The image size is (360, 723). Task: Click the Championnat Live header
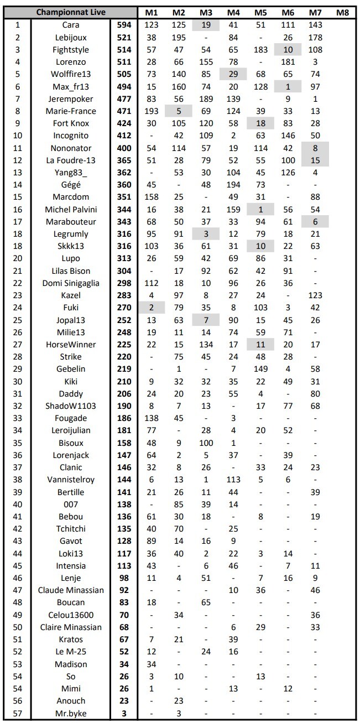pos(70,12)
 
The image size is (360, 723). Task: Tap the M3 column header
pos(206,12)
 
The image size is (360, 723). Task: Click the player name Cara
pos(70,25)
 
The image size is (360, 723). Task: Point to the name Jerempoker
pos(70,98)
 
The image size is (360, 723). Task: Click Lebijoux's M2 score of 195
pos(179,37)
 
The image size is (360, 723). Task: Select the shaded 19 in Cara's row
pos(206,25)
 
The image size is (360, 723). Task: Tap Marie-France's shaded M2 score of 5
pos(179,111)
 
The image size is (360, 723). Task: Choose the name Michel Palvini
pos(70,209)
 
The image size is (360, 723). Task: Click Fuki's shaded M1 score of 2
pos(152,308)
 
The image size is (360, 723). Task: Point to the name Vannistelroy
pos(70,480)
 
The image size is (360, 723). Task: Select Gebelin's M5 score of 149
pos(260,369)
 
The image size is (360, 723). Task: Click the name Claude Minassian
pos(70,590)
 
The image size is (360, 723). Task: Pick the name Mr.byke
pos(70,713)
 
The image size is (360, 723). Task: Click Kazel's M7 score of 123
pos(315,295)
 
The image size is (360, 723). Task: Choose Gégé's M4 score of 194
pos(233,185)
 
